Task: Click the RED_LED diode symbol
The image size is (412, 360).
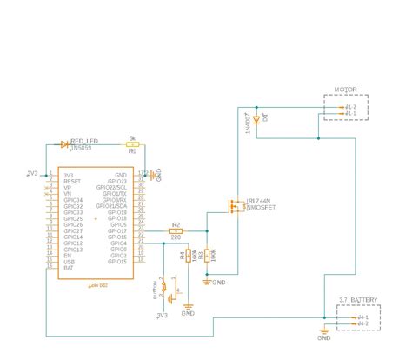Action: (65, 143)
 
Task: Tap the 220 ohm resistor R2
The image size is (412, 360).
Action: (176, 230)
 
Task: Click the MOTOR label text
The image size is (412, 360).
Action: (346, 90)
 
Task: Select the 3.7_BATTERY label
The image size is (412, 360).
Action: (357, 299)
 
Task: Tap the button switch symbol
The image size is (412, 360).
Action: (169, 291)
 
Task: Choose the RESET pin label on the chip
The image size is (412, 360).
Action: (71, 181)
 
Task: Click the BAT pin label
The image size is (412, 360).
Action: (67, 267)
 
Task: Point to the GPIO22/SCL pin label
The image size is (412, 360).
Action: (112, 187)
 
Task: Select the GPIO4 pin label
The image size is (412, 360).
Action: (119, 243)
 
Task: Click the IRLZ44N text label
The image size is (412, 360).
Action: (260, 201)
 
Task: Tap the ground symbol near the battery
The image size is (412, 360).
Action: (322, 328)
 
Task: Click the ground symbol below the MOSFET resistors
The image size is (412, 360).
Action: (206, 280)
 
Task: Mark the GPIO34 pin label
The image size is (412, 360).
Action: (73, 199)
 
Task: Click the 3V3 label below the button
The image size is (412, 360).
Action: (163, 315)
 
